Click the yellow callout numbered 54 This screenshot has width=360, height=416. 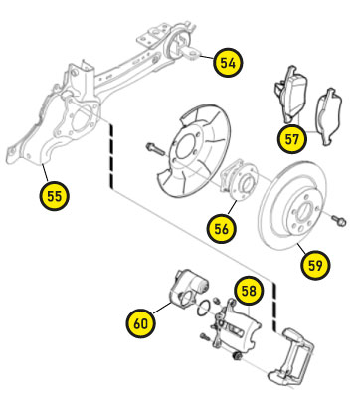pyautogui.click(x=228, y=63)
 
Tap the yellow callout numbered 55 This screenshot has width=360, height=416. pyautogui.click(x=54, y=196)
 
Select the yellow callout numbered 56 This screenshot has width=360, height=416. pyautogui.click(x=221, y=229)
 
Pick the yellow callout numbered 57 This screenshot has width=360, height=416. pyautogui.click(x=292, y=139)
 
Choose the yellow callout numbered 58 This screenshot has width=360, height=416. pyautogui.click(x=249, y=291)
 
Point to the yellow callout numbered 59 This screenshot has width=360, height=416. pyautogui.click(x=315, y=265)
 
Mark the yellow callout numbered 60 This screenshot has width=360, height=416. pyautogui.click(x=141, y=323)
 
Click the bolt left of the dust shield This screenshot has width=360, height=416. pyautogui.click(x=156, y=149)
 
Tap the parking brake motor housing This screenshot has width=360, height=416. pyautogui.click(x=188, y=288)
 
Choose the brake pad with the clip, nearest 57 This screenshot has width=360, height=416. pyautogui.click(x=290, y=94)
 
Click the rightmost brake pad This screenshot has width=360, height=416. pyautogui.click(x=329, y=116)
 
